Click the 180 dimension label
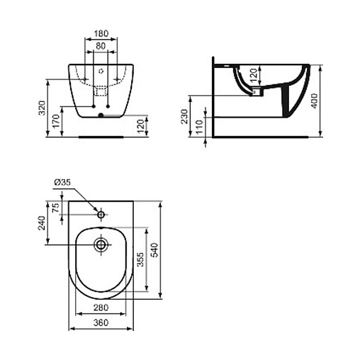101,33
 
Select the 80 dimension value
101,46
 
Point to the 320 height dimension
42,108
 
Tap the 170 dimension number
56,121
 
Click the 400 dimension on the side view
314,101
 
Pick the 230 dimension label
184,116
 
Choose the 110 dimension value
200,127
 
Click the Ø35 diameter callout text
62,182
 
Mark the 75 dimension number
56,208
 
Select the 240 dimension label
42,223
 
